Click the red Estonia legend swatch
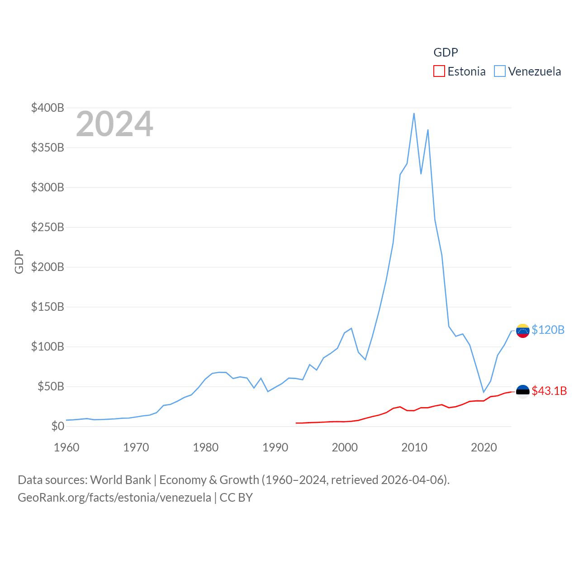(x=439, y=71)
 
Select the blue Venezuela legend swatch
(x=499, y=71)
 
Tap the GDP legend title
(x=446, y=52)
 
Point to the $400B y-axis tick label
(x=47, y=108)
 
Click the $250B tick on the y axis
(x=47, y=227)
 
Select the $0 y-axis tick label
(x=57, y=426)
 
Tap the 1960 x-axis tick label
(x=66, y=447)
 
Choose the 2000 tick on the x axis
(x=345, y=447)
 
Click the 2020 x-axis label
(x=484, y=447)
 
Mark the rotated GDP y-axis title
(x=19, y=261)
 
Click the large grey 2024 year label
(x=114, y=124)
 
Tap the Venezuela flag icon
(x=522, y=331)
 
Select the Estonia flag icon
(x=522, y=392)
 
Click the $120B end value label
(x=548, y=330)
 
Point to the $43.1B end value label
(x=549, y=391)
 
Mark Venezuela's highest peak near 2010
(x=414, y=114)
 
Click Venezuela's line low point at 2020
(x=484, y=392)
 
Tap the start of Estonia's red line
(x=296, y=423)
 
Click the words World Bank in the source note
(x=120, y=479)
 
